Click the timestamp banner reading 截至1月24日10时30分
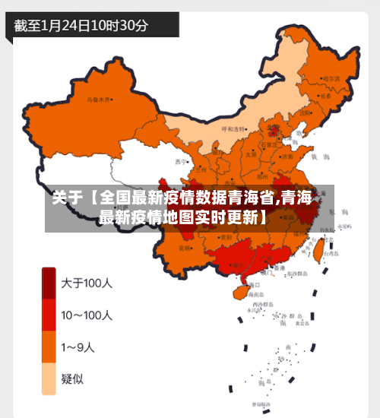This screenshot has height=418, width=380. click(x=82, y=24)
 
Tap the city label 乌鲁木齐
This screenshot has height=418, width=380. click(x=99, y=99)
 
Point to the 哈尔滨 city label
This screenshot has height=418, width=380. click(x=331, y=78)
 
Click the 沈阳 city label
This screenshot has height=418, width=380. click(x=306, y=112)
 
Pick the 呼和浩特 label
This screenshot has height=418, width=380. click(x=234, y=129)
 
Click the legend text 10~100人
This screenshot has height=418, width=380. click(x=87, y=315)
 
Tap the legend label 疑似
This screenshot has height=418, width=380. click(x=73, y=378)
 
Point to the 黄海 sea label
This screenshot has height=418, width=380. click(x=323, y=156)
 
